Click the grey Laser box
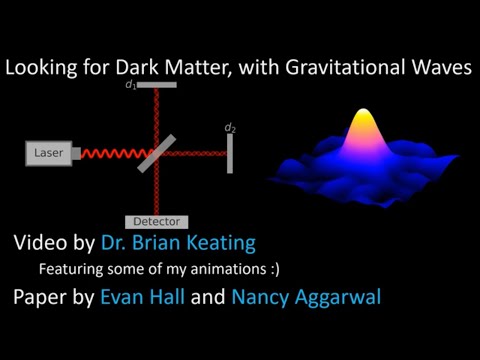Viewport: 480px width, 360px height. (x=48, y=153)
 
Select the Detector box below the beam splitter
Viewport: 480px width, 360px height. (x=157, y=221)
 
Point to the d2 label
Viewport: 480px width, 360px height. (x=230, y=127)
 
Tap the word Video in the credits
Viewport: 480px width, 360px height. (x=39, y=243)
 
